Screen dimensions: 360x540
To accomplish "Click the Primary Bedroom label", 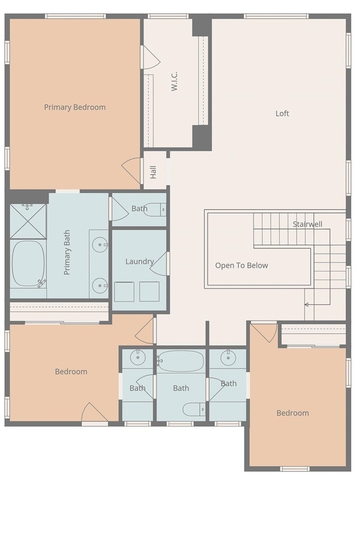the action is click(75, 107).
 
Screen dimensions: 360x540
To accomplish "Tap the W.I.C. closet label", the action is click(174, 81).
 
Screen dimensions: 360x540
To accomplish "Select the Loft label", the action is click(282, 113).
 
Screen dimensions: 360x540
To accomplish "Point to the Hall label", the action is click(153, 172).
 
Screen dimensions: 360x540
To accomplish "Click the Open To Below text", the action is click(241, 266).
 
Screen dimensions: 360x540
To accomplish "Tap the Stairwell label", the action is click(307, 224).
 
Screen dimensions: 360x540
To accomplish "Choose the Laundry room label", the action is click(139, 262).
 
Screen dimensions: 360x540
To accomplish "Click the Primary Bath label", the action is click(67, 253).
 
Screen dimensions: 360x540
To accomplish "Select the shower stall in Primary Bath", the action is click(28, 221).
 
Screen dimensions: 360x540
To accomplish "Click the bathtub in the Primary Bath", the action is click(28, 264).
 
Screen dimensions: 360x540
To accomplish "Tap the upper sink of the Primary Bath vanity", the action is click(100, 245).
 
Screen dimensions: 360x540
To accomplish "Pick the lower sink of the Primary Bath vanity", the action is click(100, 285).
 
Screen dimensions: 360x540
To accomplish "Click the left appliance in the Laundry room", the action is click(124, 292).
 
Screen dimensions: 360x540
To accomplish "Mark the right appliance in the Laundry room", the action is click(149, 292).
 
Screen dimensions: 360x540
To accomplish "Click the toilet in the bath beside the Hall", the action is click(155, 209).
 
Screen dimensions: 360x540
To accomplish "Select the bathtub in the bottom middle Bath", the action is click(180, 361).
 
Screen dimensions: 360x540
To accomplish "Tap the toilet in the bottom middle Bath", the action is click(194, 409).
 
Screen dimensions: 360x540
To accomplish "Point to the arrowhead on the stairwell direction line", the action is click(306, 304).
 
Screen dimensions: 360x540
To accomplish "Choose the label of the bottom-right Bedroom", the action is click(293, 413).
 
